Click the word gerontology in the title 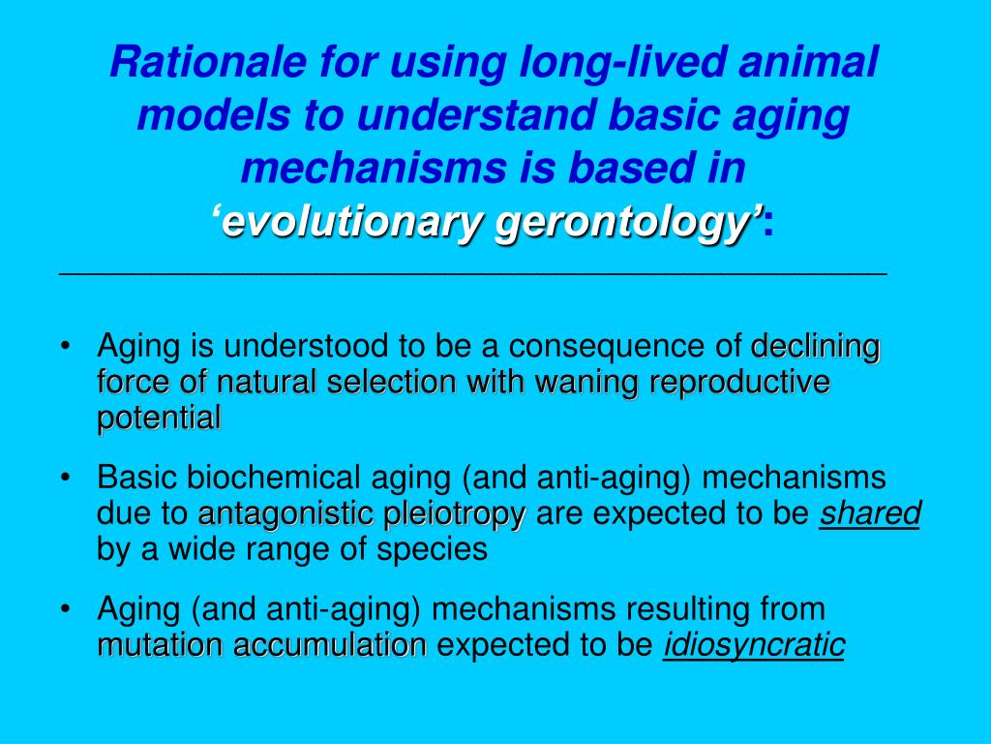pyautogui.click(x=623, y=225)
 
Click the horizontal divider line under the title pyautogui.click(x=473, y=275)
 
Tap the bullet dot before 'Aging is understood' pyautogui.click(x=65, y=347)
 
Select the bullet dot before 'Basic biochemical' pyautogui.click(x=65, y=479)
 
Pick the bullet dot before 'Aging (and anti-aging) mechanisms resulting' pyautogui.click(x=65, y=609)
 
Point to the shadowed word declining pyautogui.click(x=816, y=346)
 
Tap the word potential pyautogui.click(x=159, y=418)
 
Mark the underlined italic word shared pyautogui.click(x=869, y=514)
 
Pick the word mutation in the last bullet pyautogui.click(x=155, y=645)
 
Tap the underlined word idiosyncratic pyautogui.click(x=754, y=645)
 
